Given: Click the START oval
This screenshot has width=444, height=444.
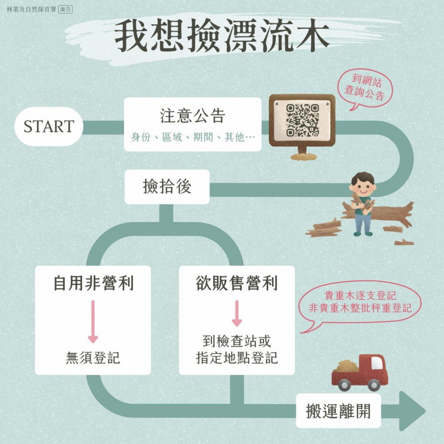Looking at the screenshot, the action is click(x=49, y=126).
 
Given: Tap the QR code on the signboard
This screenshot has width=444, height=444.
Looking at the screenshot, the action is click(x=302, y=120).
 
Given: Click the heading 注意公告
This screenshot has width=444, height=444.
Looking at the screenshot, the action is click(x=193, y=115).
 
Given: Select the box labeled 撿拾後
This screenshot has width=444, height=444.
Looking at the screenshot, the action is click(x=167, y=186).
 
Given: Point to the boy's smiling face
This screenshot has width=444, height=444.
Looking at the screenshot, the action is click(x=363, y=187).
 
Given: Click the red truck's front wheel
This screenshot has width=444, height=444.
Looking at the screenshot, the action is click(x=373, y=385).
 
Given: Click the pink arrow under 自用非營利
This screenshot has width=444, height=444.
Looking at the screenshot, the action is click(x=93, y=321).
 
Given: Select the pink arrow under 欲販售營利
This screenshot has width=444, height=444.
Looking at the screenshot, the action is click(x=237, y=313).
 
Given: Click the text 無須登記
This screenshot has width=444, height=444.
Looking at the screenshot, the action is click(x=93, y=357).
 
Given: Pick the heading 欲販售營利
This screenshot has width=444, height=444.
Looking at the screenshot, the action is click(x=237, y=283).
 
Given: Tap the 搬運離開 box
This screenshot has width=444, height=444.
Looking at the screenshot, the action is click(x=338, y=411).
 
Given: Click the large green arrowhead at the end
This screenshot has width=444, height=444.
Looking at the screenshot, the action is click(x=412, y=411).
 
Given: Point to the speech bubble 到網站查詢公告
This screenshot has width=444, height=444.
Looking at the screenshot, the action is click(x=365, y=88).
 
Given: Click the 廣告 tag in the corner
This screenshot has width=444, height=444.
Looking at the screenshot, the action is click(x=65, y=9).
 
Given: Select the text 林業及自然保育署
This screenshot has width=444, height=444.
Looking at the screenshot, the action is click(x=32, y=9).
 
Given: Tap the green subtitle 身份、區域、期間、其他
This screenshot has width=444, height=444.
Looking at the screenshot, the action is click(x=193, y=137).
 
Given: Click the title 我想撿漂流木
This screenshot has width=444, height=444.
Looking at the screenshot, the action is click(x=222, y=36).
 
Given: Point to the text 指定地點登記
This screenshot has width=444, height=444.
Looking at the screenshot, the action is click(x=237, y=357).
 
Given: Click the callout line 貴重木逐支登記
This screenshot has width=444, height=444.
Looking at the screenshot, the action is click(x=360, y=296).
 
